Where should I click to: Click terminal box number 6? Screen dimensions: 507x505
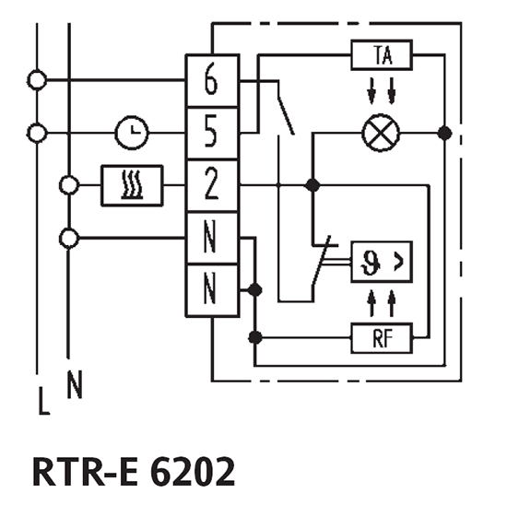[212, 80]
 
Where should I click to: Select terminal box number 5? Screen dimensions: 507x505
[212, 134]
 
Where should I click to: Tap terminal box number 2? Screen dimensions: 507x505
[212, 185]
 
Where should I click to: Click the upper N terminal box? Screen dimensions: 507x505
[212, 239]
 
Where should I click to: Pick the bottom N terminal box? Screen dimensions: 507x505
[212, 290]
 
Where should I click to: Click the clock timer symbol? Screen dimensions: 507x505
[132, 133]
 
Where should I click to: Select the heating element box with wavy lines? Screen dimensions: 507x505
[132, 185]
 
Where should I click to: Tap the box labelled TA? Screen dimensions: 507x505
[382, 55]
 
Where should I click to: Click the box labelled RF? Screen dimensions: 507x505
[382, 338]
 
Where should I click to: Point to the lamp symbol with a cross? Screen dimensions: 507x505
[381, 133]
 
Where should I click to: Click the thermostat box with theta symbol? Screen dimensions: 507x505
[382, 262]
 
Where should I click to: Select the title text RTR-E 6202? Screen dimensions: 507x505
[134, 472]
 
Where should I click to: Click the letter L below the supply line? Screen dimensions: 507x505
[43, 401]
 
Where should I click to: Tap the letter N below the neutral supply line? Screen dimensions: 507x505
[75, 384]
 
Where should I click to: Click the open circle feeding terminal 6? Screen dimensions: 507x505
[37, 80]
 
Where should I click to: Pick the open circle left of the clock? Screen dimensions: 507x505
[37, 133]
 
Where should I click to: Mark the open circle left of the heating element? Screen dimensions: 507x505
[68, 185]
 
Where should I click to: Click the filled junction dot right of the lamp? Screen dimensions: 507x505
[445, 133]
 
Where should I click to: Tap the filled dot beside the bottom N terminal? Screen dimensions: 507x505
[254, 290]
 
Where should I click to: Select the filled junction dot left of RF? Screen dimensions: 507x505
[255, 338]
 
